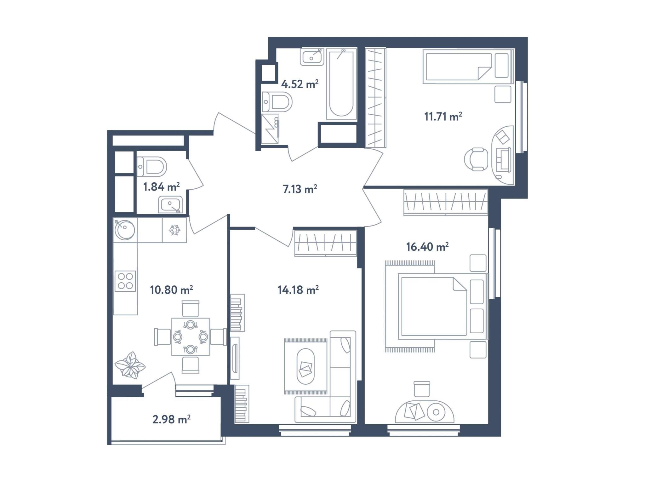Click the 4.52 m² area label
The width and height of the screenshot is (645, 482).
300,84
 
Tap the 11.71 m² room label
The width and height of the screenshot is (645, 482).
443,117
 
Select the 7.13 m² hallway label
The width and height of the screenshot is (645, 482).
300,189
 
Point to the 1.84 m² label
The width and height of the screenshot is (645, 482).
161,187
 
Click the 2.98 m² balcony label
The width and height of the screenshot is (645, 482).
171,419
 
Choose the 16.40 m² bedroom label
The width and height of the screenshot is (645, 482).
427,247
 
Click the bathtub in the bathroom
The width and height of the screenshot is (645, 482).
341,84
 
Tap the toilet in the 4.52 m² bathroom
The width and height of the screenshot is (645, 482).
277,102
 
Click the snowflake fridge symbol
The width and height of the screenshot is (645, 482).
174,230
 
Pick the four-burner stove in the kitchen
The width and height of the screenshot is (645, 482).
125,281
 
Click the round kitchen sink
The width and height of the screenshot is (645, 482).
125,230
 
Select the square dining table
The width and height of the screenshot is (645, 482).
190,337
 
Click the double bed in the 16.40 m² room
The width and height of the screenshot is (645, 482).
443,306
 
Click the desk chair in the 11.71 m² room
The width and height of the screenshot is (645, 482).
476,159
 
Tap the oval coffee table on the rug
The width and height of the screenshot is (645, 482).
305,366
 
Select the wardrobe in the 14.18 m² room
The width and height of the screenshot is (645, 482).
326,243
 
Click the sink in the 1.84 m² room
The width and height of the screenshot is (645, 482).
170,204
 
